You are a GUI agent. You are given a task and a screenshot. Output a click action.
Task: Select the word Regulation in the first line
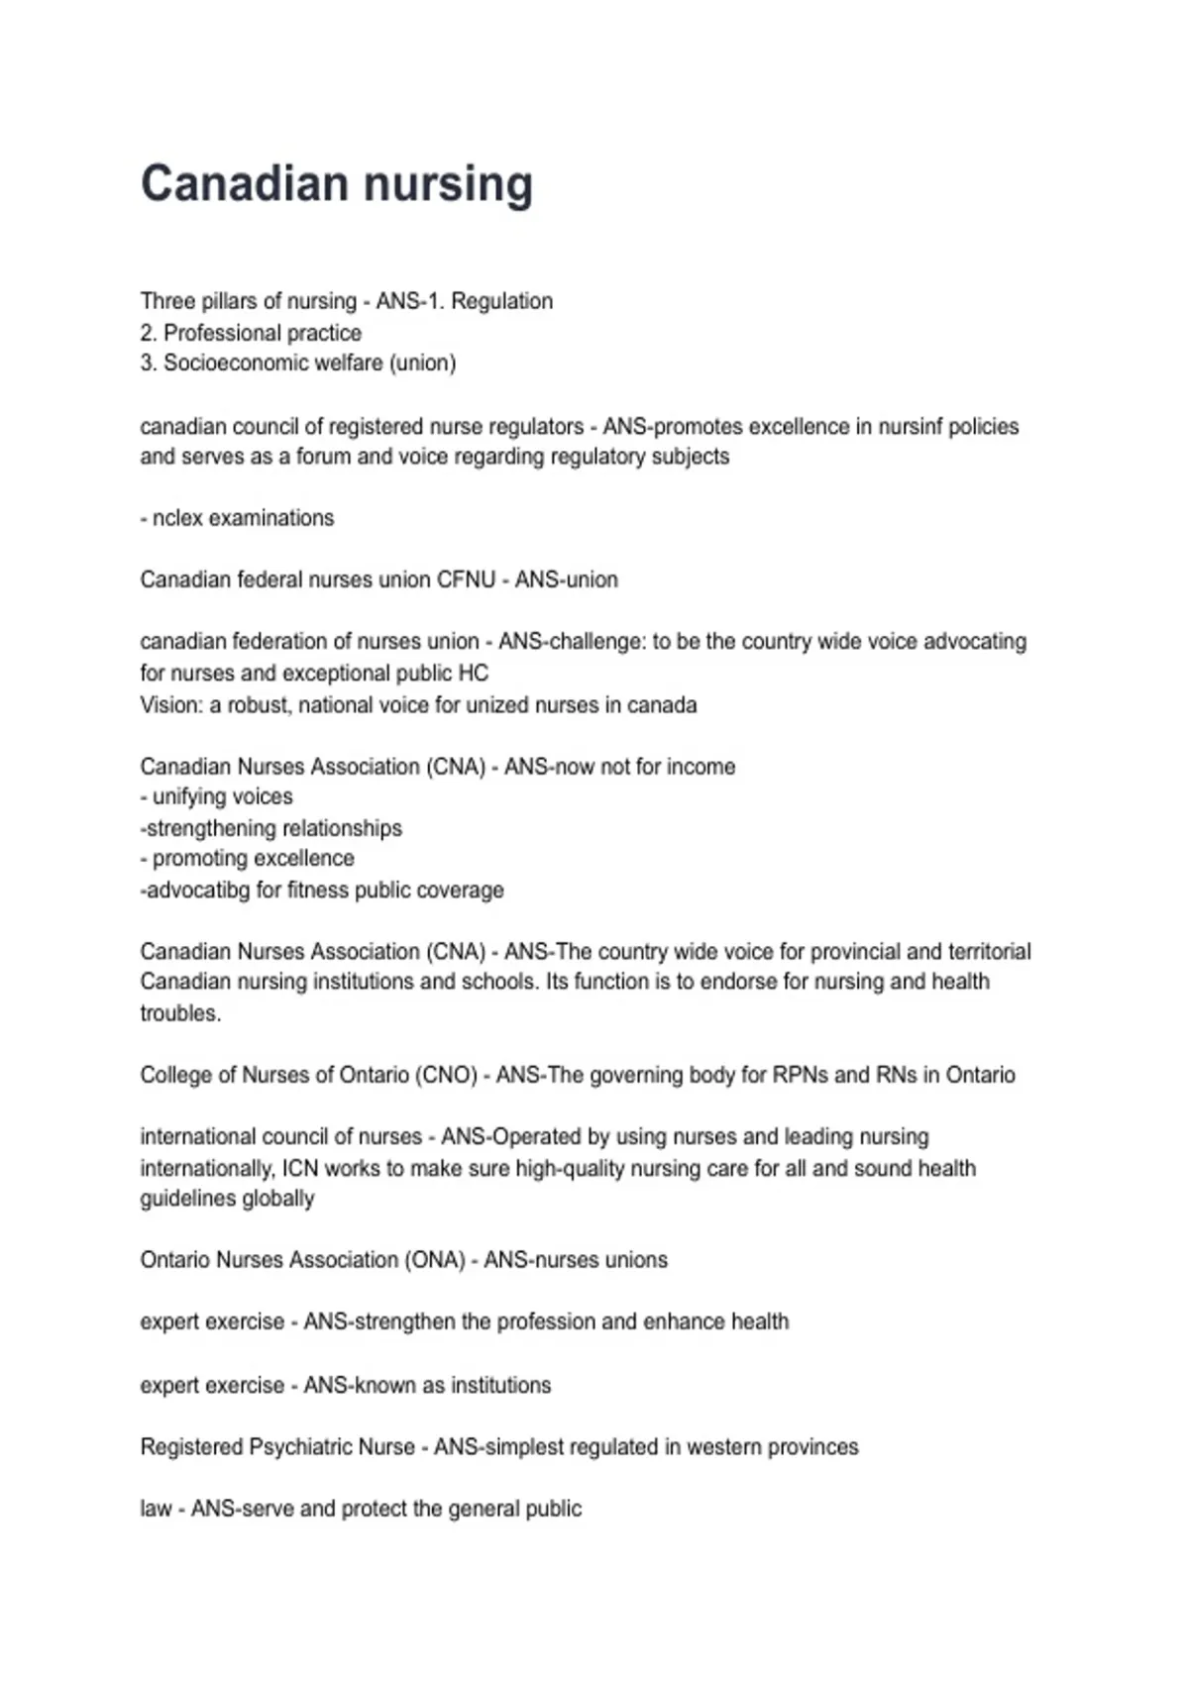tap(501, 301)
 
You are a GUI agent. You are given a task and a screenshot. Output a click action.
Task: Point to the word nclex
tap(176, 518)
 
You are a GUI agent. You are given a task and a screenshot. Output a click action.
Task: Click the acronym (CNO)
tap(446, 1075)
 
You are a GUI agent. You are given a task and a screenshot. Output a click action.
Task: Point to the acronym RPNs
tap(794, 1075)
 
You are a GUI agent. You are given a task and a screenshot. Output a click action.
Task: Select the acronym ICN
tap(299, 1168)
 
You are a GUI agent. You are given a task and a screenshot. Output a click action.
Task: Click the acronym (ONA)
tap(434, 1260)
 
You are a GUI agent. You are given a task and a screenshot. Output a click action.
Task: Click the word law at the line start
tap(156, 1509)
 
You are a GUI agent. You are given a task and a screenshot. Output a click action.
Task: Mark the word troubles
tap(179, 1013)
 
